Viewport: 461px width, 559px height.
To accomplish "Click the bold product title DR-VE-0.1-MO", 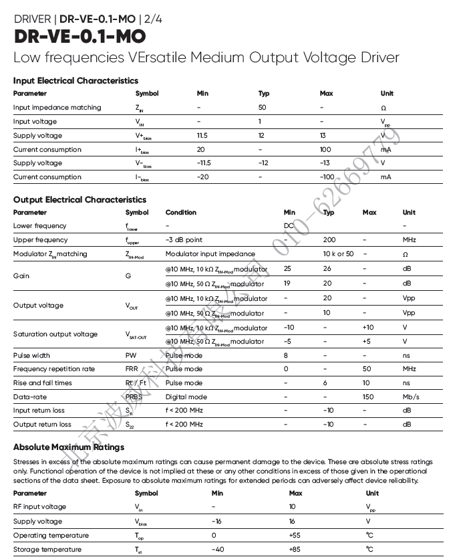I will pyautogui.click(x=80, y=36).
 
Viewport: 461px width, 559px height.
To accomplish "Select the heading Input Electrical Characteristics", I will pyautogui.click(x=75, y=81).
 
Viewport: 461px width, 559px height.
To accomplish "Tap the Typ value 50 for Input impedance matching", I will pyautogui.click(x=263, y=108).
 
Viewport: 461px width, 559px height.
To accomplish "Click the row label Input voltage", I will pyautogui.click(x=35, y=122).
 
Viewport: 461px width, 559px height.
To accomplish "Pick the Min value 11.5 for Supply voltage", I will pyautogui.click(x=202, y=136).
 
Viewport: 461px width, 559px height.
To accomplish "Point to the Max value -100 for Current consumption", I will pyautogui.click(x=327, y=177).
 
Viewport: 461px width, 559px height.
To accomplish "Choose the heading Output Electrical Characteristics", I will pyautogui.click(x=80, y=199).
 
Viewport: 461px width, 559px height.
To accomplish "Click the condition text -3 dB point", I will pyautogui.click(x=184, y=240).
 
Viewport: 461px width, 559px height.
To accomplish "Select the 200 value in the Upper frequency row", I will pyautogui.click(x=329, y=240).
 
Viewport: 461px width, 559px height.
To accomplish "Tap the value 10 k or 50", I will pyautogui.click(x=338, y=254).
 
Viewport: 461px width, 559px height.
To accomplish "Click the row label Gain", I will pyautogui.click(x=21, y=275).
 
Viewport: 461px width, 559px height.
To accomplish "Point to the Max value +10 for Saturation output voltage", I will pyautogui.click(x=368, y=328).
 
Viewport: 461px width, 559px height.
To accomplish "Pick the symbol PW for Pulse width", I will pyautogui.click(x=131, y=356).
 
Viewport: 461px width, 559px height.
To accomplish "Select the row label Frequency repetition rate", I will pyautogui.click(x=54, y=369).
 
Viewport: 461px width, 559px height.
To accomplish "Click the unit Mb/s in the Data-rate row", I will pyautogui.click(x=411, y=397).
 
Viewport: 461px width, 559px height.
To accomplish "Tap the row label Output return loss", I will pyautogui.click(x=42, y=425).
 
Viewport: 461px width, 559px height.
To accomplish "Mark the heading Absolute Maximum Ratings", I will pyautogui.click(x=69, y=447).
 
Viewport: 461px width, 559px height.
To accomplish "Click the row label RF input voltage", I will pyautogui.click(x=39, y=508).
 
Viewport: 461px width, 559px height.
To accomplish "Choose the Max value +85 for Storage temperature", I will pyautogui.click(x=295, y=550).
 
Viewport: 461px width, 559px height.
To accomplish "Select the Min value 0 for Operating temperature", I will pyautogui.click(x=214, y=536).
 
